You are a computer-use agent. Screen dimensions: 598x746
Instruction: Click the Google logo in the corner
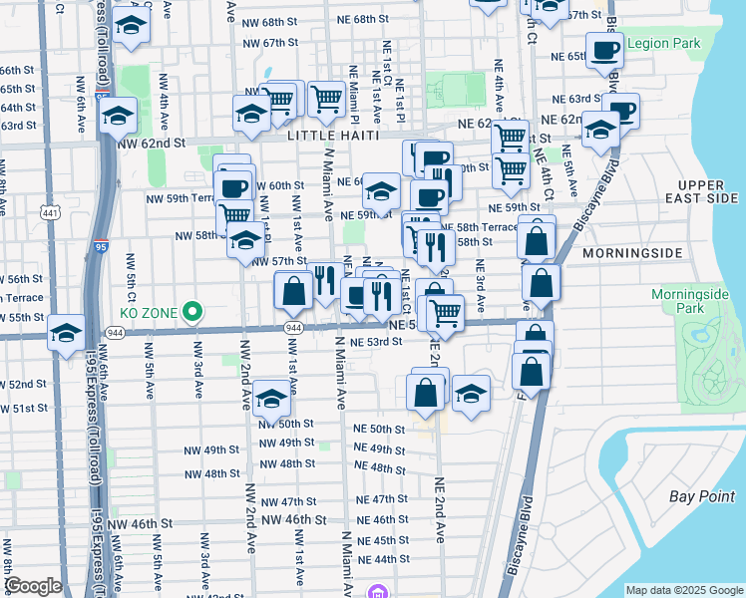(33, 586)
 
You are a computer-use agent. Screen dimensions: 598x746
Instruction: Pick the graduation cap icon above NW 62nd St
(119, 116)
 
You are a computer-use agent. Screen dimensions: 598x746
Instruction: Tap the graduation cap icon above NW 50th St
(271, 399)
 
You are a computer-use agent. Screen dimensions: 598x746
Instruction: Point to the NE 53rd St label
(376, 341)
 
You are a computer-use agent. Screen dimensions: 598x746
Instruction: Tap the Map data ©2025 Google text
(683, 590)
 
